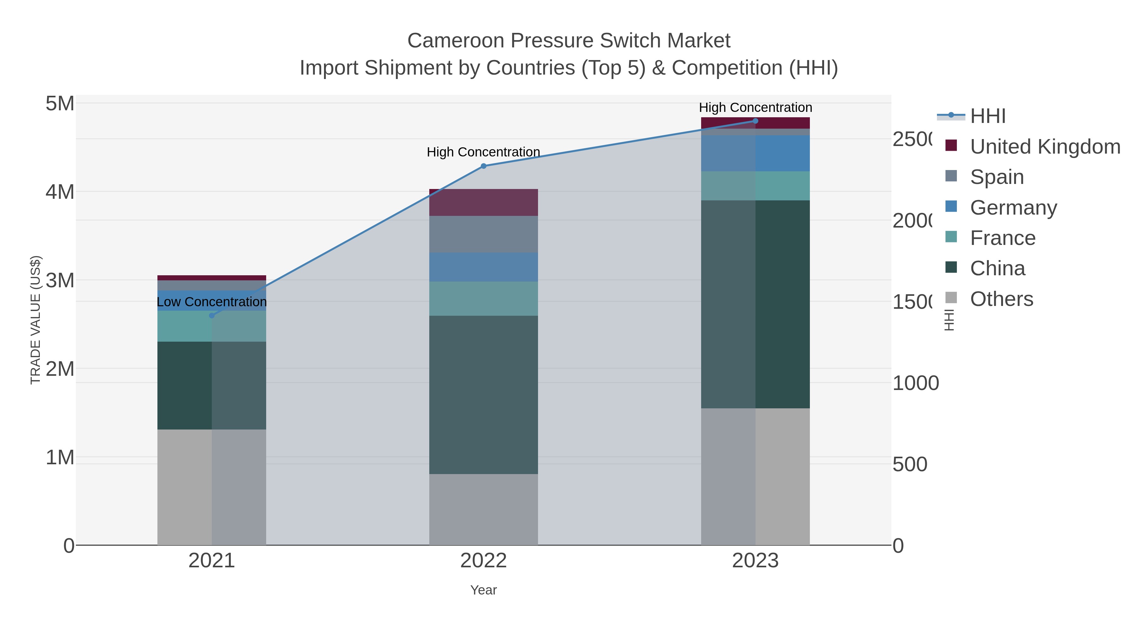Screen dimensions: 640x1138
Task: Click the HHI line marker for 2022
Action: coord(483,166)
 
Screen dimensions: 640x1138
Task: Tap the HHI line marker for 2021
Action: coord(211,315)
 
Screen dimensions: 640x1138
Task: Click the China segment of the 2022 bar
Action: coord(483,394)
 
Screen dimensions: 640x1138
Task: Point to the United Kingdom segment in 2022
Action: coord(483,202)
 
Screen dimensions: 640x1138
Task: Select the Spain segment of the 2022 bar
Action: coord(483,234)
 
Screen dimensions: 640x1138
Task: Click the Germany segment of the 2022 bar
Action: coord(483,267)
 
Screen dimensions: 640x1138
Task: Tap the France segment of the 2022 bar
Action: coord(483,299)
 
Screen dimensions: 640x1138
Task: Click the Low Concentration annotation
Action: coord(211,302)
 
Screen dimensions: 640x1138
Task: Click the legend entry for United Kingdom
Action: coord(1045,146)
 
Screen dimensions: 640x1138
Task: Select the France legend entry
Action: coord(1002,238)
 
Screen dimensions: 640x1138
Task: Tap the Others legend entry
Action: coord(1001,299)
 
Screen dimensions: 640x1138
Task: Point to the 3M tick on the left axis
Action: coord(60,280)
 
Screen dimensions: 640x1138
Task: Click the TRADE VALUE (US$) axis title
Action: coord(35,320)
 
